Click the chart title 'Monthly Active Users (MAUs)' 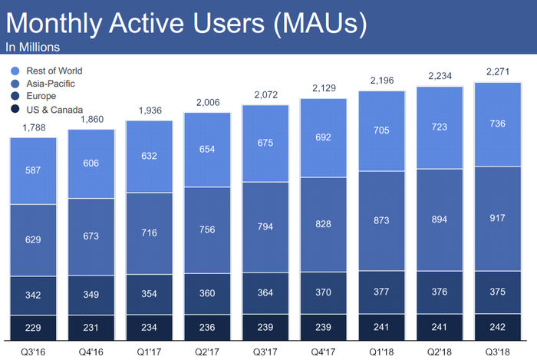point(186,23)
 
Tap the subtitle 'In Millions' point(32,48)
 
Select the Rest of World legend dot point(15,71)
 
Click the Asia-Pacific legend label point(51,84)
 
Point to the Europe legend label point(41,96)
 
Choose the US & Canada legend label point(54,110)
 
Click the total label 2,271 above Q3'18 point(498,71)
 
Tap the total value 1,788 point(34,127)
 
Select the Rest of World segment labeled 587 point(33,171)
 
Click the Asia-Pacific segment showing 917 point(498,219)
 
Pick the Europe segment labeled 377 point(381,292)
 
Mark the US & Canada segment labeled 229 point(33,328)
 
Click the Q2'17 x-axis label point(207,352)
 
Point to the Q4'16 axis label point(91,352)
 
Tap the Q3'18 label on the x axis point(498,352)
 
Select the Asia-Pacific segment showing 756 point(207,230)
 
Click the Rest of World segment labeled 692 point(323,137)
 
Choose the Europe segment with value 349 point(91,295)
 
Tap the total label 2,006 point(208,102)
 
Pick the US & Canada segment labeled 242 point(498,327)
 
